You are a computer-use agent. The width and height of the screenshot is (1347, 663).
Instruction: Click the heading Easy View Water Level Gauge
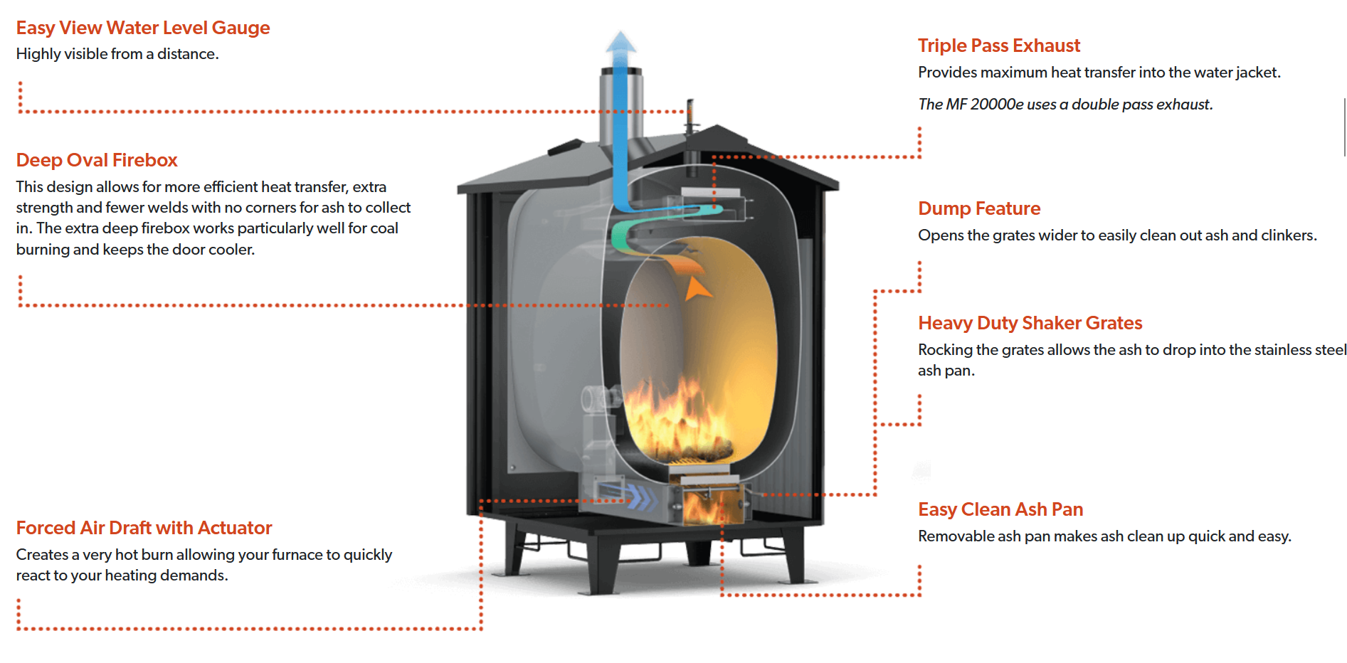point(143,28)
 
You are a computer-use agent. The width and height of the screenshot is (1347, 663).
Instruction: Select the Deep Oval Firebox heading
point(97,160)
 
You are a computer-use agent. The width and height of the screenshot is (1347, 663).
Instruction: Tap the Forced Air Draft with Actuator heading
point(144,528)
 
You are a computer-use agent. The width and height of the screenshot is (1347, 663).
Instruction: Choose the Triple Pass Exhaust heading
point(999,46)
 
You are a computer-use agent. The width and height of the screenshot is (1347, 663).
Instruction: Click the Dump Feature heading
point(979,208)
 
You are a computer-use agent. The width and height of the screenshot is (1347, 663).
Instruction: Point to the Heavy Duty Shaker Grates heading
point(1030,323)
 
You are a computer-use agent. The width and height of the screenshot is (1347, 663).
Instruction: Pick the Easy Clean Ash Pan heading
point(1000,509)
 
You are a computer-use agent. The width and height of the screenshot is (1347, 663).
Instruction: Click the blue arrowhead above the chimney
point(621,43)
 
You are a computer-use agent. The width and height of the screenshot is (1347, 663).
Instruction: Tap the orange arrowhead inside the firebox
point(696,289)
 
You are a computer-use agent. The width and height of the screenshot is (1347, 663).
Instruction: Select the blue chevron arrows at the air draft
point(640,497)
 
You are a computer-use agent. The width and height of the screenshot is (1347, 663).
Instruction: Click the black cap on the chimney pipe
point(621,71)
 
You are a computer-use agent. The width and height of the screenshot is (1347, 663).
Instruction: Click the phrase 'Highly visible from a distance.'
point(117,54)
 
